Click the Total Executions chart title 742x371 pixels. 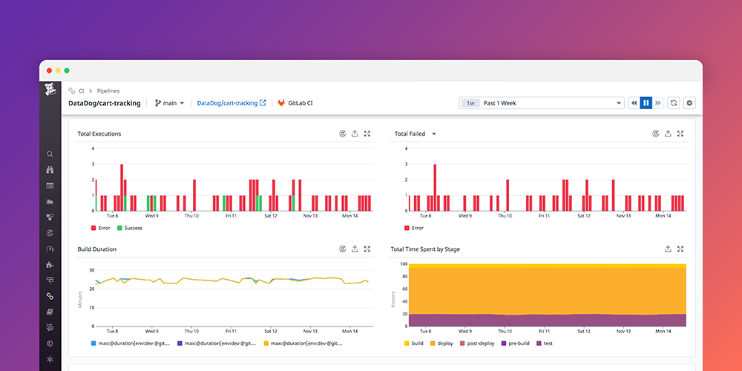pyautogui.click(x=99, y=134)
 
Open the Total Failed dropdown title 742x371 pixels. pyautogui.click(x=415, y=134)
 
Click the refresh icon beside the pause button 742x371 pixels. pyautogui.click(x=674, y=103)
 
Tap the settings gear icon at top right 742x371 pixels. pyautogui.click(x=689, y=103)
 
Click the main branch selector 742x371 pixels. pyautogui.click(x=169, y=103)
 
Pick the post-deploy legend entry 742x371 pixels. pyautogui.click(x=482, y=344)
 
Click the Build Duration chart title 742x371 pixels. pyautogui.click(x=97, y=249)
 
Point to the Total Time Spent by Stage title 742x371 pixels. pyautogui.click(x=425, y=249)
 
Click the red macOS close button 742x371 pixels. pyautogui.click(x=50, y=70)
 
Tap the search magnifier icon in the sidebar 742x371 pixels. pyautogui.click(x=50, y=154)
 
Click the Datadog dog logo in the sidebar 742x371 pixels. pyautogui.click(x=50, y=91)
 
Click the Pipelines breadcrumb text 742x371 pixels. pyautogui.click(x=108, y=91)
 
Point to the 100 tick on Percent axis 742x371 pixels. pyautogui.click(x=404, y=263)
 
